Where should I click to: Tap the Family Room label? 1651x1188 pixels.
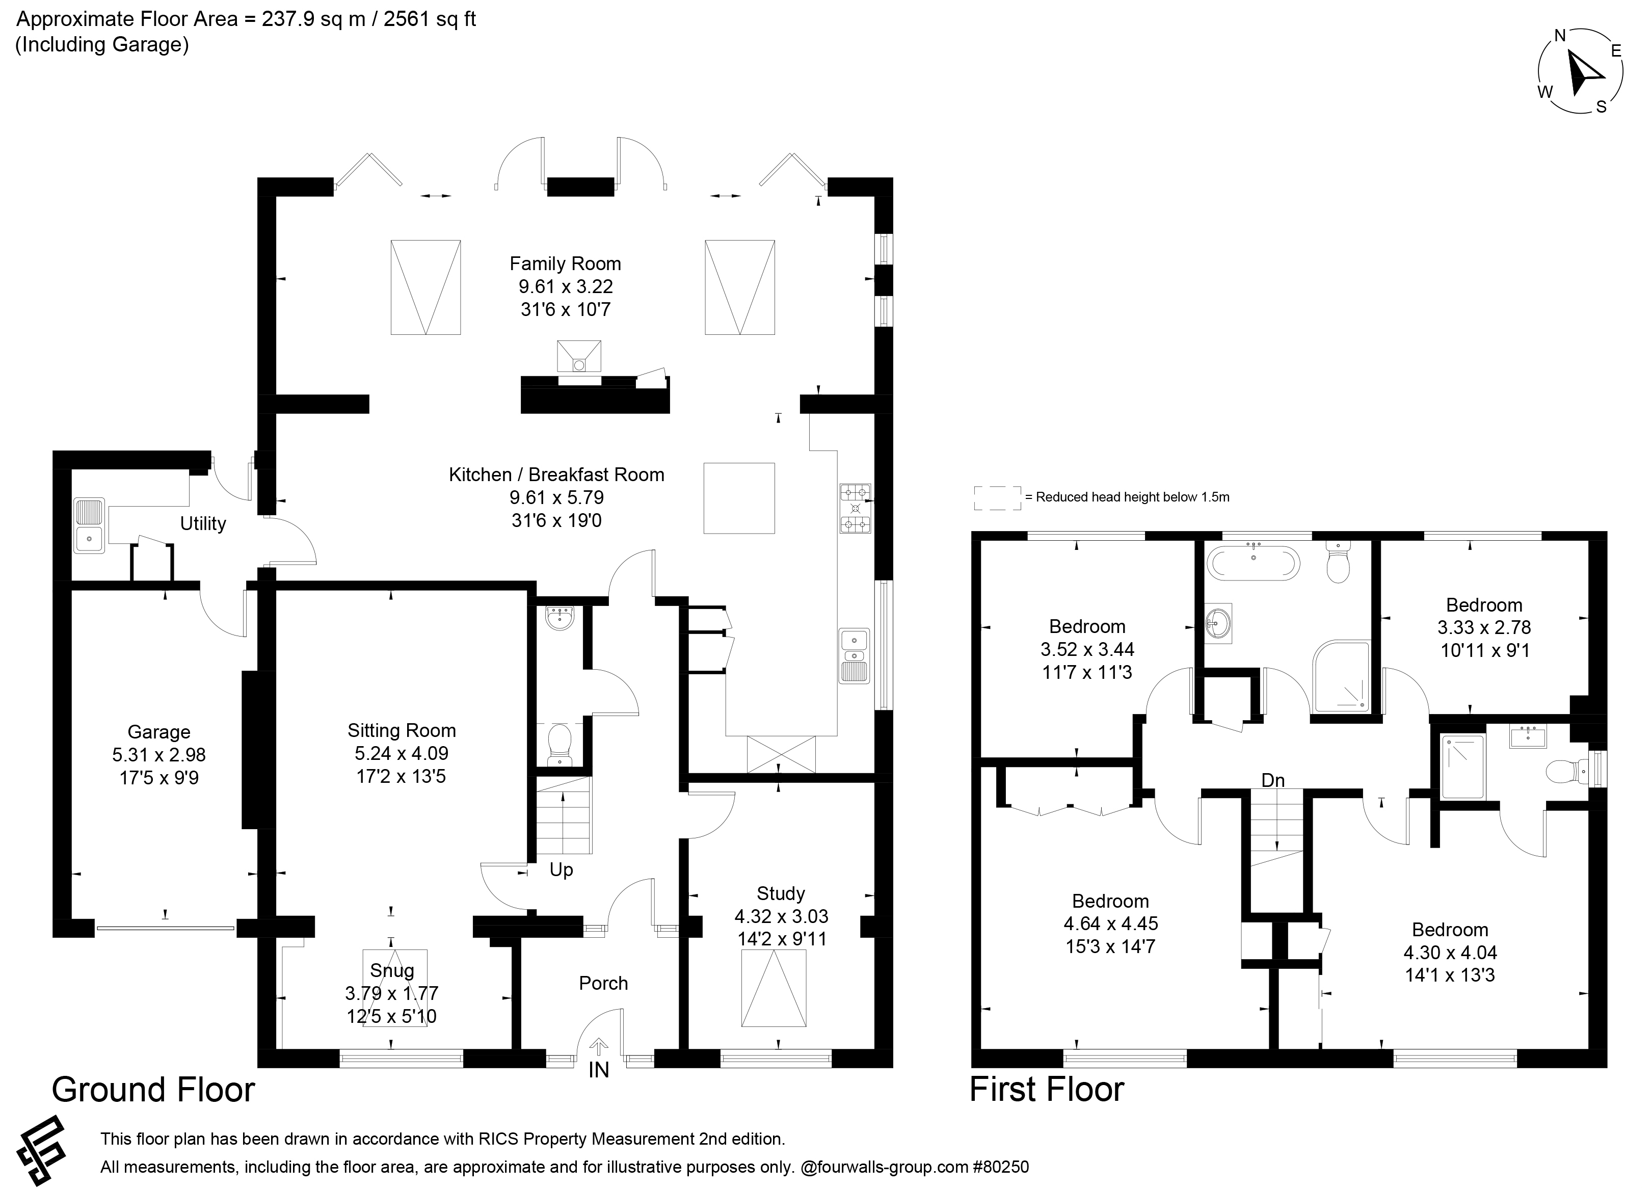[x=566, y=263]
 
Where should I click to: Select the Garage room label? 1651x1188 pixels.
[x=158, y=732]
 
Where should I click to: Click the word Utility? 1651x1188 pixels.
[x=203, y=523]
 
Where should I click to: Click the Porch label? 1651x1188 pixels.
[x=603, y=984]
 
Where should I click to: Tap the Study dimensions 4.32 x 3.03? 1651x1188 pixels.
[x=782, y=916]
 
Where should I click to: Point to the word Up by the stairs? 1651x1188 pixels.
[x=561, y=870]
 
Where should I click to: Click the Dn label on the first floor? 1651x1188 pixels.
[x=1273, y=780]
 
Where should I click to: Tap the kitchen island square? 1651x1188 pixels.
[x=739, y=498]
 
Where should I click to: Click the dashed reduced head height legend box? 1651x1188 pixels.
[x=997, y=498]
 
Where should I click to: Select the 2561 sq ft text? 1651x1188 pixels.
[x=430, y=19]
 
